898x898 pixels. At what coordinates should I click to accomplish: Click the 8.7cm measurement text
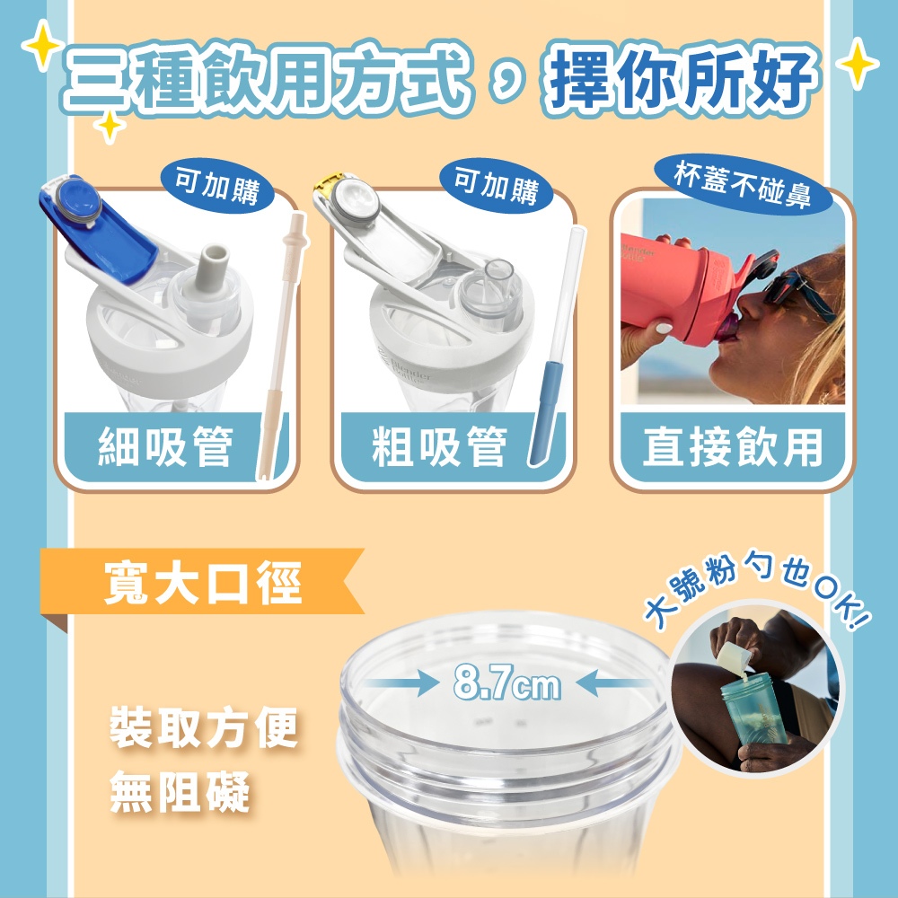pyautogui.click(x=506, y=683)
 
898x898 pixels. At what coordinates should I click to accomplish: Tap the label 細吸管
pyautogui.click(x=165, y=447)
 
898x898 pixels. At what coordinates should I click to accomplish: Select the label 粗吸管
pyautogui.click(x=439, y=447)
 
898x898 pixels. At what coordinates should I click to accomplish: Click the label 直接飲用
pyautogui.click(x=733, y=447)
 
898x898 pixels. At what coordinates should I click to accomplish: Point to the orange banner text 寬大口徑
pyautogui.click(x=203, y=583)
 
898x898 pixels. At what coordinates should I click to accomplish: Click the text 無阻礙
pyautogui.click(x=180, y=792)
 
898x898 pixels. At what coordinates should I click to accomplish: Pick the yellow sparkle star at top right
pyautogui.click(x=858, y=64)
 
